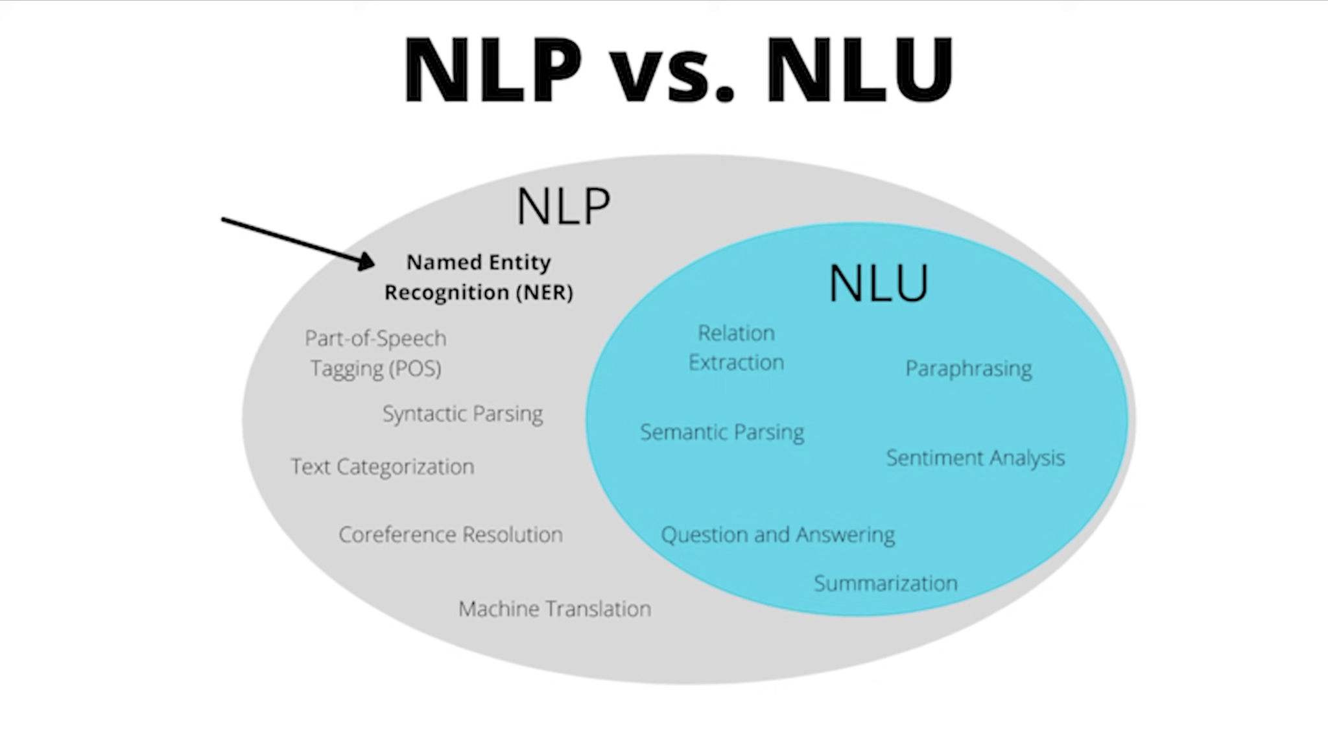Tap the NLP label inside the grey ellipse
563,207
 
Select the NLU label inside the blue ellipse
879,284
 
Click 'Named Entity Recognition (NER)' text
479,278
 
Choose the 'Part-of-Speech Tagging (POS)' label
375,353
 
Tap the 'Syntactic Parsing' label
462,414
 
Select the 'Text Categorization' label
382,467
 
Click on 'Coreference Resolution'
451,535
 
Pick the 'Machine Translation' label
554,609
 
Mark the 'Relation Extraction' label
736,348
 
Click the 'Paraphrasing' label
968,369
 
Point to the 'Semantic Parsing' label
722,433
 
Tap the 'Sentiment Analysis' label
975,458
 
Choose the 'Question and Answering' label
777,535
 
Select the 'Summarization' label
885,584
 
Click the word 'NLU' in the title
859,70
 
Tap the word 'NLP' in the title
492,70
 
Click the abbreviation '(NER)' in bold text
544,292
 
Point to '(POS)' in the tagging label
416,369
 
